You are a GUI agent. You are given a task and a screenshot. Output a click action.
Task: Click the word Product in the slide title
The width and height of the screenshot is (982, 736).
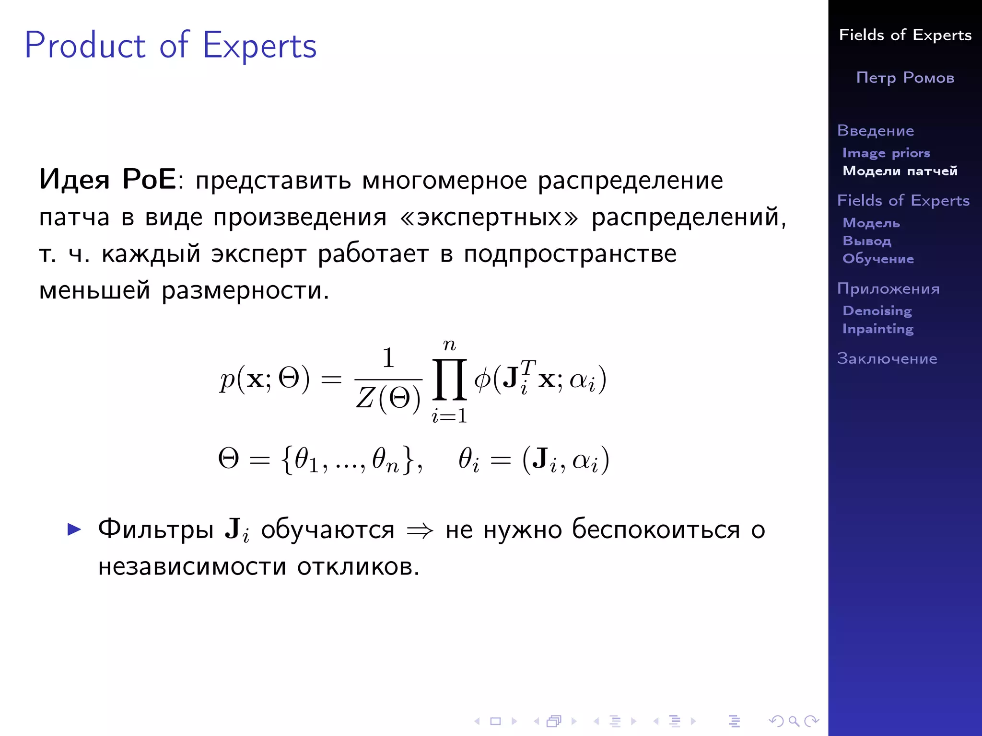point(85,46)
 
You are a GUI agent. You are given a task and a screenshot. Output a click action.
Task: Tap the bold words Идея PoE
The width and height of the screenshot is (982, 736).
point(108,180)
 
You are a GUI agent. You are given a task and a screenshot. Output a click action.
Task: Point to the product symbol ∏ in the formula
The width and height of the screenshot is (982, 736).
point(449,379)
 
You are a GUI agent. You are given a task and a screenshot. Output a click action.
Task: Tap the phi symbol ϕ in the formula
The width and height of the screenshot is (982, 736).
point(482,379)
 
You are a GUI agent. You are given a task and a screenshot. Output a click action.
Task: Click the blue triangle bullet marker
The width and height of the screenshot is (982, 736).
point(74,529)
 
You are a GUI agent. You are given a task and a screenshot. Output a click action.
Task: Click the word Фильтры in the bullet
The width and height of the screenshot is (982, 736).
point(156,529)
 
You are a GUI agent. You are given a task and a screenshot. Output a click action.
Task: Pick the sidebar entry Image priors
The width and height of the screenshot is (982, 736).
point(886,153)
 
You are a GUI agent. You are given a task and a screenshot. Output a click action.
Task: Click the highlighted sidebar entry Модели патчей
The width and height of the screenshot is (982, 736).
point(900,171)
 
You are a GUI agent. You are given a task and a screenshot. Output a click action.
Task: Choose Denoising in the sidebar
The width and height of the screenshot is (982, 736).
point(877,310)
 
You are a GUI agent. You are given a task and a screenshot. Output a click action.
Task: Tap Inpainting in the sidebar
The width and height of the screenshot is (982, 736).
point(878,329)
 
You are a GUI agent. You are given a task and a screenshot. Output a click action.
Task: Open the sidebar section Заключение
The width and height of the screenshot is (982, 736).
point(887,358)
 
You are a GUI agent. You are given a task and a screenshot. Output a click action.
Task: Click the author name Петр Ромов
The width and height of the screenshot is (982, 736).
point(905,78)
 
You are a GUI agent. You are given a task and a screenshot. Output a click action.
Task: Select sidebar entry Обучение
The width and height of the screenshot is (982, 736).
point(878,259)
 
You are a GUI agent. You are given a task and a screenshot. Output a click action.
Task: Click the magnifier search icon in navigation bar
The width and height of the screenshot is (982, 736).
point(794,721)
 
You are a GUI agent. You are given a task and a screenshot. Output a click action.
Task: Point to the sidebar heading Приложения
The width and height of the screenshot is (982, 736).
point(888,288)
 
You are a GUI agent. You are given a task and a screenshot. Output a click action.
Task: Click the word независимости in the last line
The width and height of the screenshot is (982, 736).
point(192,567)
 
